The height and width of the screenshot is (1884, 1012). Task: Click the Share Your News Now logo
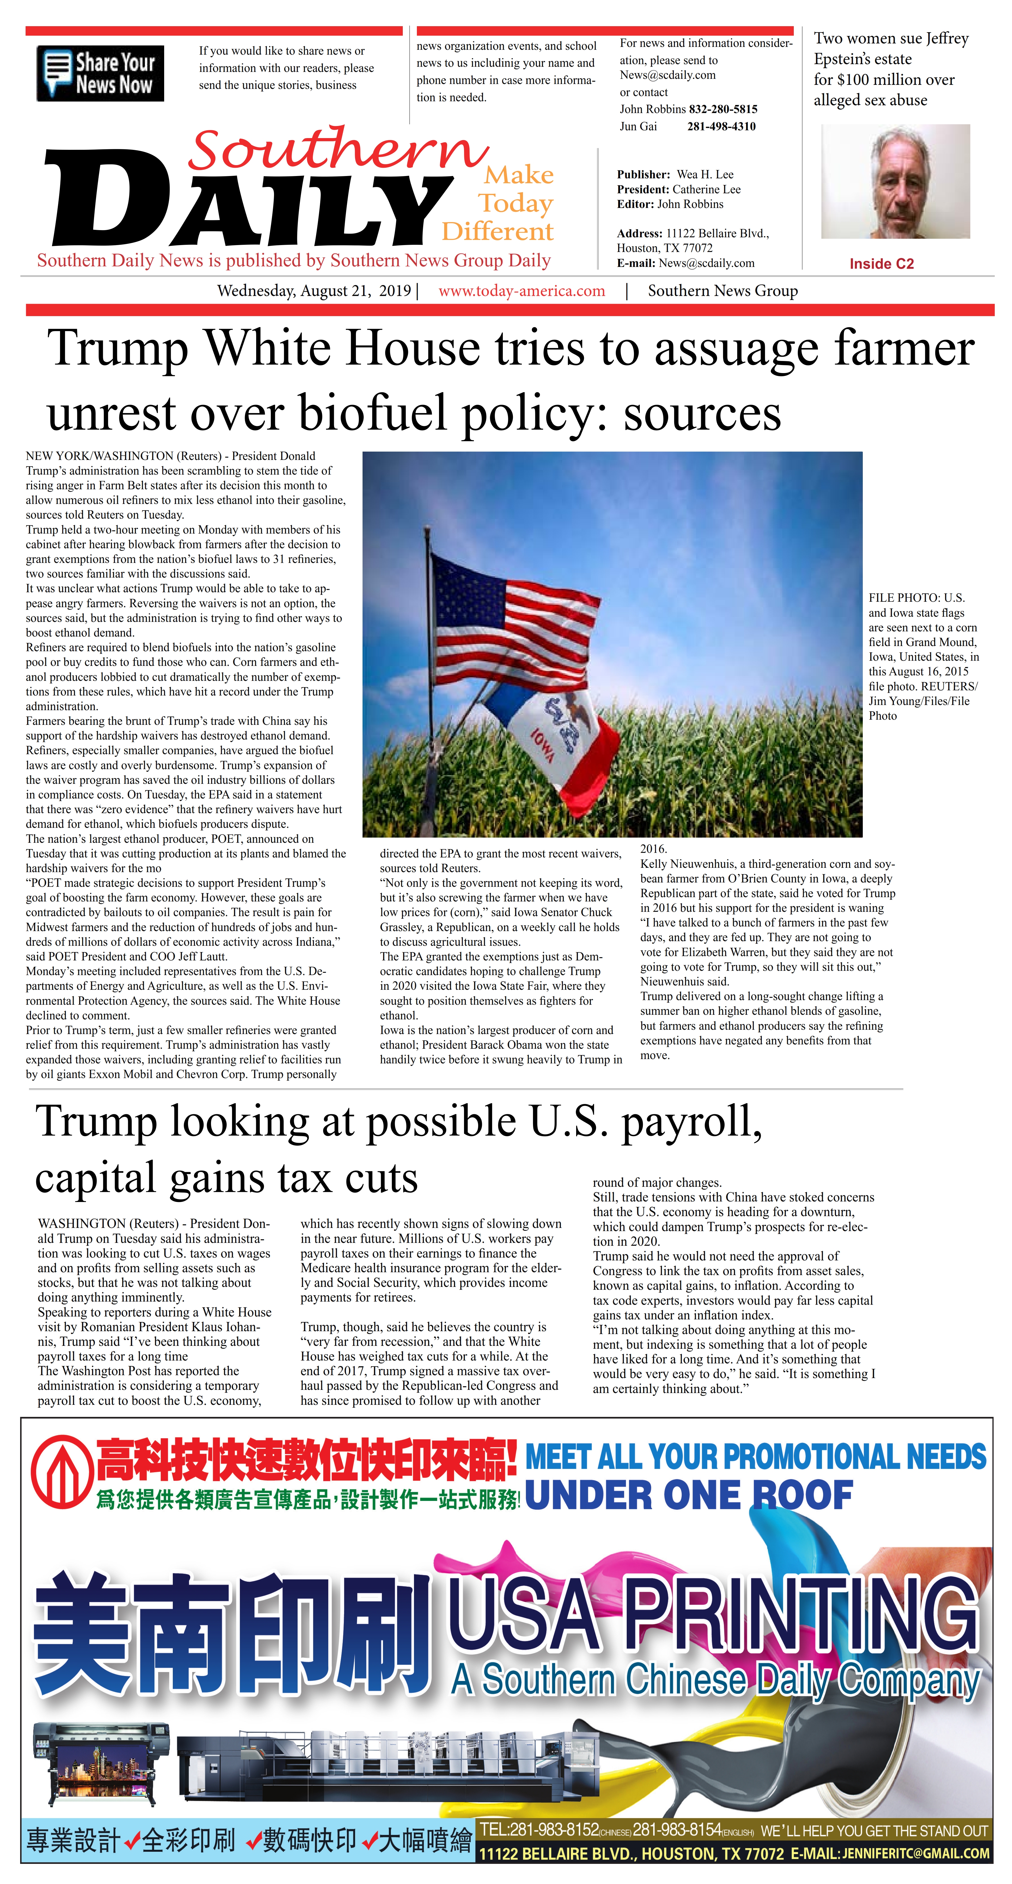pos(100,73)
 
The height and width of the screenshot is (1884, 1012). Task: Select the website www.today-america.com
pos(521,291)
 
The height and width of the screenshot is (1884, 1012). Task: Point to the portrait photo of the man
pos(895,181)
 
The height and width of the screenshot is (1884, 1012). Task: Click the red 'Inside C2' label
pos(881,264)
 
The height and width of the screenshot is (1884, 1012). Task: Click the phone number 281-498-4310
pos(721,127)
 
